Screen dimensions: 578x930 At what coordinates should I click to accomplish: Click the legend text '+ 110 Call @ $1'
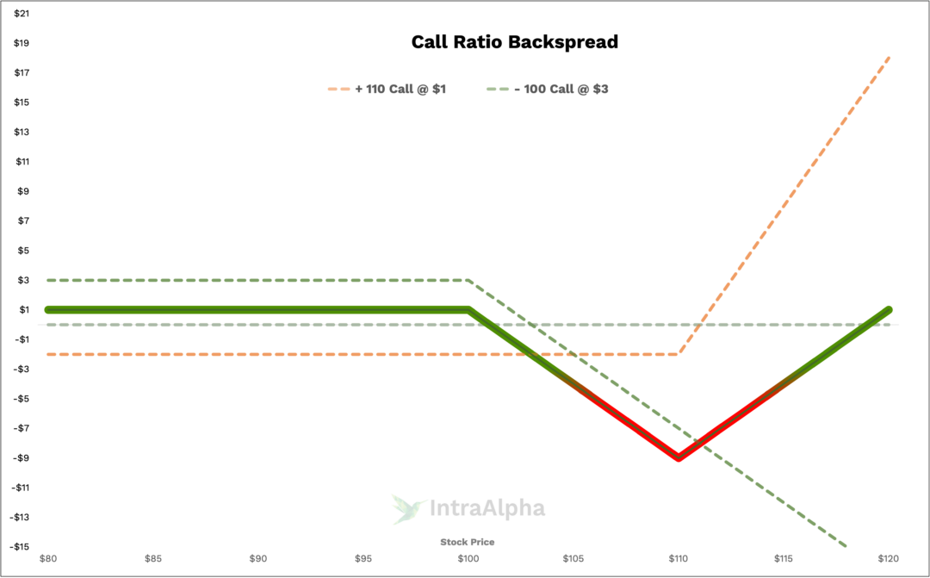(x=400, y=89)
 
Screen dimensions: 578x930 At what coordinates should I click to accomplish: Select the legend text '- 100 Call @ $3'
(x=561, y=89)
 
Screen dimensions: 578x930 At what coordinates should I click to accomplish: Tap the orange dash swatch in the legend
(x=338, y=89)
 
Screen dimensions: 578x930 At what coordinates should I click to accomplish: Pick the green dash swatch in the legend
(x=498, y=89)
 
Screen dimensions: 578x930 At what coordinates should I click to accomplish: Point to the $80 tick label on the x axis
(x=48, y=558)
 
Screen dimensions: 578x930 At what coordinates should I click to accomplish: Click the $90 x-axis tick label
(x=258, y=558)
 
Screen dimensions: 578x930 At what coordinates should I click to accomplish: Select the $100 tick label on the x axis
(x=468, y=558)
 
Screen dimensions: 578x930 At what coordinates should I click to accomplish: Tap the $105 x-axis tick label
(x=573, y=558)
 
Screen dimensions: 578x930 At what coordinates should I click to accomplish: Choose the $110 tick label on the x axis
(x=679, y=558)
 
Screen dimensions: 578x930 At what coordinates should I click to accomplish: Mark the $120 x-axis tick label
(x=889, y=558)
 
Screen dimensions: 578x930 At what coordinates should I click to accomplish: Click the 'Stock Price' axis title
(x=468, y=542)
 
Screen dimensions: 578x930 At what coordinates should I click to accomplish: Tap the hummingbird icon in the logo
(x=408, y=508)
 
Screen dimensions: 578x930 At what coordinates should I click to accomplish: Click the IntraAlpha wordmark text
(x=487, y=508)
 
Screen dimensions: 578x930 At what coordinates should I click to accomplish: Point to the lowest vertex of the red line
(x=679, y=458)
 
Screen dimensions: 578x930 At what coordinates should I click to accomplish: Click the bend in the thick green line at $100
(x=468, y=309)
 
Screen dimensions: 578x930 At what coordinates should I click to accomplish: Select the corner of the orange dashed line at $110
(x=679, y=353)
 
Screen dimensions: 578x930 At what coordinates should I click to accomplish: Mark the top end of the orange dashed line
(x=889, y=57)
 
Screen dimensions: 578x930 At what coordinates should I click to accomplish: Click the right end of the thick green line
(x=889, y=309)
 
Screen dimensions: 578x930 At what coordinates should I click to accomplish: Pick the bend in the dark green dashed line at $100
(x=468, y=280)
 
